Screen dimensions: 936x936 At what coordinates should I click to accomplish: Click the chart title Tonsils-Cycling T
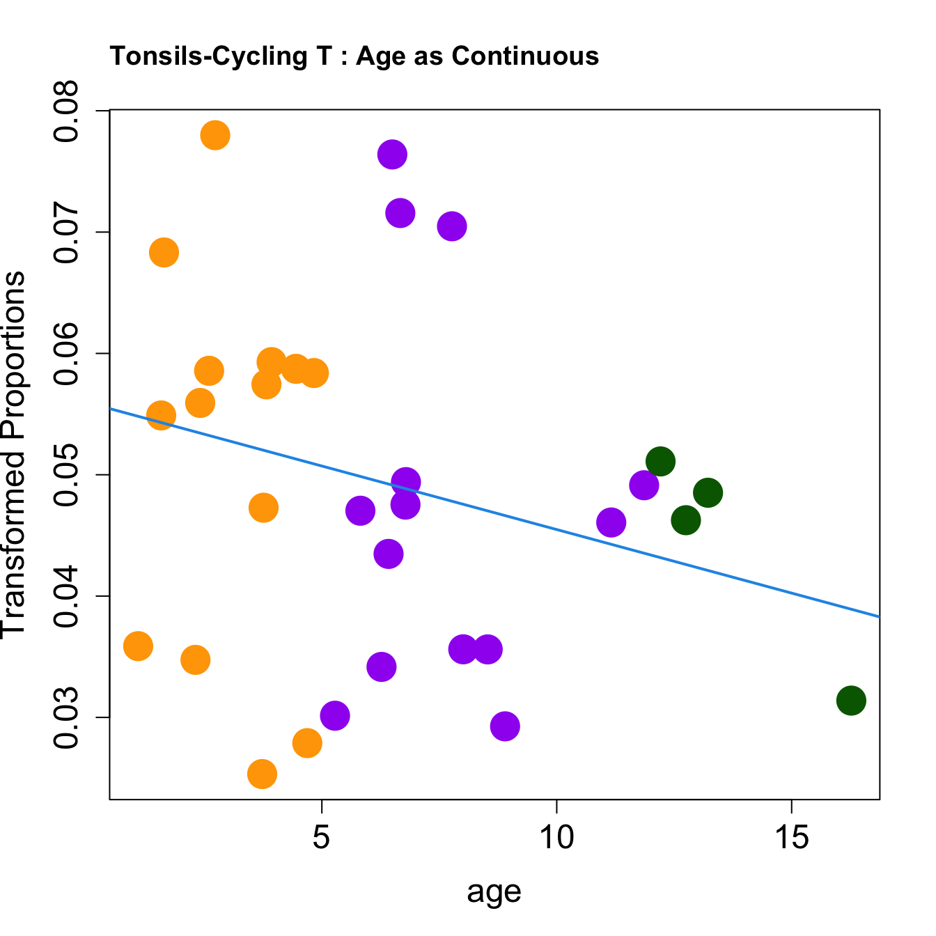pyautogui.click(x=354, y=56)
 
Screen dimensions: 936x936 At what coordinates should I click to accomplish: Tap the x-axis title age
pyautogui.click(x=494, y=891)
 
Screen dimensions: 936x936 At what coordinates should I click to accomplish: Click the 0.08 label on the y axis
pyautogui.click(x=68, y=111)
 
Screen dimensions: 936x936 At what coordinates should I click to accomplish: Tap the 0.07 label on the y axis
pyautogui.click(x=68, y=233)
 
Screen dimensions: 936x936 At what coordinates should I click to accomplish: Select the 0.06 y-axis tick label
pyautogui.click(x=68, y=354)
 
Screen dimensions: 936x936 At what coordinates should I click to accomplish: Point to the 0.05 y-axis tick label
pyautogui.click(x=68, y=475)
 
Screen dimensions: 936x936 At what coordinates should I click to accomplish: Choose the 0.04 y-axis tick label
pyautogui.click(x=68, y=596)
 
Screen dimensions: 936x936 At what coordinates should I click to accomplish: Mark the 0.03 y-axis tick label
pyautogui.click(x=68, y=717)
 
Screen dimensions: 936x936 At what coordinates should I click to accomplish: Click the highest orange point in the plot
pyautogui.click(x=215, y=135)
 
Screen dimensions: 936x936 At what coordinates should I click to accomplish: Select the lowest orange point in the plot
pyautogui.click(x=262, y=774)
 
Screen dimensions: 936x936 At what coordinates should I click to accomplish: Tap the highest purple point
pyautogui.click(x=392, y=155)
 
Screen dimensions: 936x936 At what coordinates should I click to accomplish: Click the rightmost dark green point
pyautogui.click(x=851, y=700)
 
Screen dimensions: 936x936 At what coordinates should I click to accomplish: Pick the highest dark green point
pyautogui.click(x=660, y=461)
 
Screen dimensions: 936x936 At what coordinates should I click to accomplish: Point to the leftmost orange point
pyautogui.click(x=138, y=646)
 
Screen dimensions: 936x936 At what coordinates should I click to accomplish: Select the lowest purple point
pyautogui.click(x=505, y=726)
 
